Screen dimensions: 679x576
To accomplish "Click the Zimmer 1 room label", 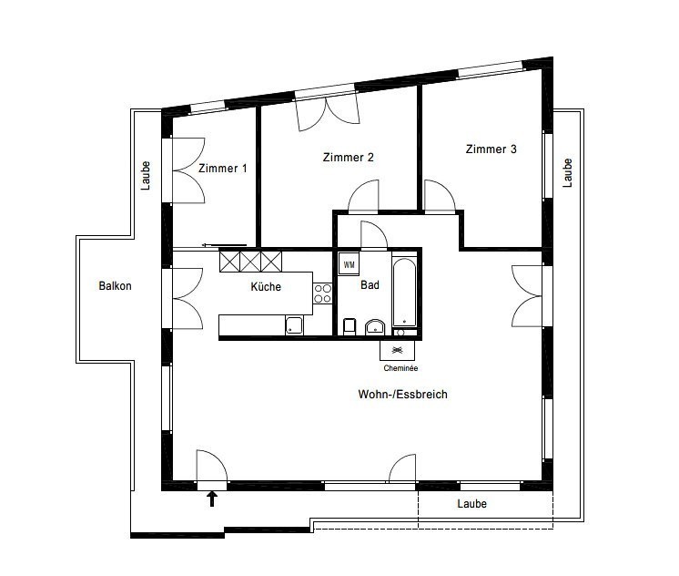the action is tap(223, 169).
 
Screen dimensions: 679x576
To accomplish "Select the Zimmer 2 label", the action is tap(349, 157).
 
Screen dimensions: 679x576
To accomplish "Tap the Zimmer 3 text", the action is tap(492, 149).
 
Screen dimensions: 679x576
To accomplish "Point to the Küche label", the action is tap(266, 287).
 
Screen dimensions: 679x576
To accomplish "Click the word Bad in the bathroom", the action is tap(370, 285).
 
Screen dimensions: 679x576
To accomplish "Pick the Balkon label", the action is tap(115, 286).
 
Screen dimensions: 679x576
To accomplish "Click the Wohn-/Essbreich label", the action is tap(402, 395).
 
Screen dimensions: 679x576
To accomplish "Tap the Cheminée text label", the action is tap(400, 368).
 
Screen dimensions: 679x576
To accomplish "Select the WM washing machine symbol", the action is tap(349, 264).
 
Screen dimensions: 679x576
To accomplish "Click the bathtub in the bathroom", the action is tap(404, 293).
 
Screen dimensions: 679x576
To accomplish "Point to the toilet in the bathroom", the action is tap(350, 326).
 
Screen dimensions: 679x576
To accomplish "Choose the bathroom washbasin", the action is tap(375, 327).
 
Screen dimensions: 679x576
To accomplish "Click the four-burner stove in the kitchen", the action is tap(322, 293).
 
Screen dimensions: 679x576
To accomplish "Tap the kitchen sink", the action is tap(295, 325).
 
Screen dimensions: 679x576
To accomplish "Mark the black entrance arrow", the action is tap(212, 499).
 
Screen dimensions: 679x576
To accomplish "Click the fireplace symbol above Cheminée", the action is tap(397, 350).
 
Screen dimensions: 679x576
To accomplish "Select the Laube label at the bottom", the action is tap(472, 504).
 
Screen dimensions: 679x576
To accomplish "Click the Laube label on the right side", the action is tap(567, 173).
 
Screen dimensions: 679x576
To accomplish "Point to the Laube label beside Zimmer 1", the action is tap(146, 176).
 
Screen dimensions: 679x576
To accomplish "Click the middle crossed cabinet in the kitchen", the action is tap(250, 262).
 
